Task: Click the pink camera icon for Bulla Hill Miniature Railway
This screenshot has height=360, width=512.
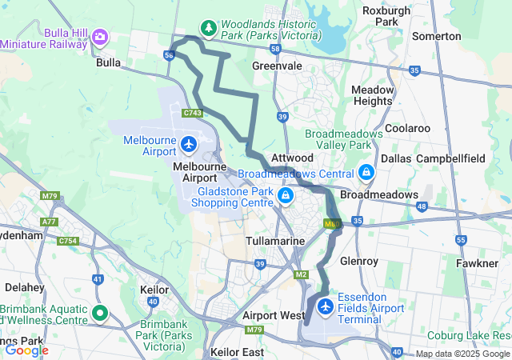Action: coord(100,37)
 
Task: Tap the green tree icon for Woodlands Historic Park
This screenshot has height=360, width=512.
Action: coord(209,29)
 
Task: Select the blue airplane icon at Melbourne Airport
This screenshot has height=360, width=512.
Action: coord(188,145)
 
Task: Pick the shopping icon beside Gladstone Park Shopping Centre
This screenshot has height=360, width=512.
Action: coord(286,194)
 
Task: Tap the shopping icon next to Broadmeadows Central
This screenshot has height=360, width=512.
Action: coord(366,172)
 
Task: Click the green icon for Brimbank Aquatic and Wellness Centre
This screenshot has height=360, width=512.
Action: coord(100,313)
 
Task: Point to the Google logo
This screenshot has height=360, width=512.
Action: coord(26,350)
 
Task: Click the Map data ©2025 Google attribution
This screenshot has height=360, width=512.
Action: coord(462,354)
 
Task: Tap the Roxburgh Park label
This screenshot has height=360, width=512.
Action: coord(386,16)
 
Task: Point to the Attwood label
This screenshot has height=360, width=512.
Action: coord(292,158)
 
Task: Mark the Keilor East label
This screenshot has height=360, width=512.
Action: coord(237,351)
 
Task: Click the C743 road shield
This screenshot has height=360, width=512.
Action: coord(192,114)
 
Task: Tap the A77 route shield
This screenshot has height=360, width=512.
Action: coord(50,222)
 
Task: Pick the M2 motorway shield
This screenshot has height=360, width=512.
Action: coord(301,275)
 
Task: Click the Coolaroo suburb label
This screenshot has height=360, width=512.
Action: coord(407,128)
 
